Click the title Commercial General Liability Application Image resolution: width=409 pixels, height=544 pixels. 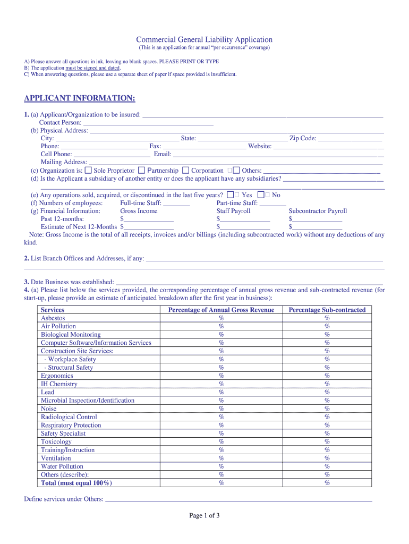click(204, 40)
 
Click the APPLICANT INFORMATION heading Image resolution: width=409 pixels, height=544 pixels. click(80, 98)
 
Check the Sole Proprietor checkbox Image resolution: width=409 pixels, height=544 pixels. click(89, 171)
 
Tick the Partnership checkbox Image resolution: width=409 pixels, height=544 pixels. click(141, 171)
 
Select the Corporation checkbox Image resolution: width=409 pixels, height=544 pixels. click(185, 171)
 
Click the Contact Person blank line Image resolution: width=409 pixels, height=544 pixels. click(148, 123)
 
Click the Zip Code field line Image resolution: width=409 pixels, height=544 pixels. click(350, 139)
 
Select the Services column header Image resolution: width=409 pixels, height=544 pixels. click(53, 310)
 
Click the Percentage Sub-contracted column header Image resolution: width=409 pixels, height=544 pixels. click(327, 310)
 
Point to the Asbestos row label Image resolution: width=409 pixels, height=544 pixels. click(53, 318)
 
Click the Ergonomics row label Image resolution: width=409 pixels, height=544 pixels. click(57, 376)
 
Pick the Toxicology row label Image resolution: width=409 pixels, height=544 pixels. click(56, 441)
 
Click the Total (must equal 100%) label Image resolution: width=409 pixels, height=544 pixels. click(76, 483)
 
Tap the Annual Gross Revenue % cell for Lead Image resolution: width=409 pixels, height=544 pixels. click(221, 392)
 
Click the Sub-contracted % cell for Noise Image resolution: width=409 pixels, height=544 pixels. click(327, 409)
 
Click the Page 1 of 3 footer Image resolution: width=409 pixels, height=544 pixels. click(204, 515)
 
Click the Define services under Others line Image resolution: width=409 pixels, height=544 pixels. click(238, 499)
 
